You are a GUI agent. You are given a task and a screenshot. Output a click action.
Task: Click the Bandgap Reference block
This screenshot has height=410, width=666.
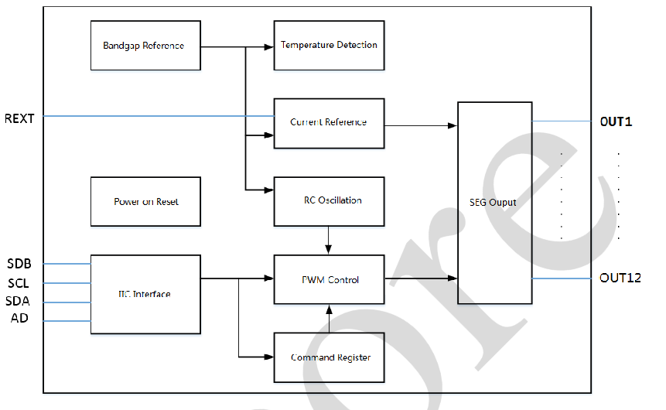tap(145, 46)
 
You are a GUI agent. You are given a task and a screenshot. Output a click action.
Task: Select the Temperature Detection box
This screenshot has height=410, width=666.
tap(330, 46)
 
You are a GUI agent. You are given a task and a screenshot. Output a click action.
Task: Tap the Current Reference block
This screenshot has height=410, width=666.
tap(330, 124)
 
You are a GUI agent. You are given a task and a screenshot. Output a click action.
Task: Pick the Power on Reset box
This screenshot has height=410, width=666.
tap(145, 201)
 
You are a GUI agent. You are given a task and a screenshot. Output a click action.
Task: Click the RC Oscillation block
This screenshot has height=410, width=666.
tap(330, 201)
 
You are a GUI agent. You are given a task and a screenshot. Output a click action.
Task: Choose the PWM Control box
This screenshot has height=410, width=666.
tap(330, 279)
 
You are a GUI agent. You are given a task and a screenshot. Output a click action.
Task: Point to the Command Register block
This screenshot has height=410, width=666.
tap(330, 357)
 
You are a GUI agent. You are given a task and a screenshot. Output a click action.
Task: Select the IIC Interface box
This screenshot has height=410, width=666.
tap(145, 295)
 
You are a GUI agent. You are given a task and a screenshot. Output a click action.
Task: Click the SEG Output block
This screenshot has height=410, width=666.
tap(495, 203)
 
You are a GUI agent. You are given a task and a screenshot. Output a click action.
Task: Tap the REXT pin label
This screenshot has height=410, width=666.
tap(19, 118)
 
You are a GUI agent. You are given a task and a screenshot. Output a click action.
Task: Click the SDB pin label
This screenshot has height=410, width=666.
tap(19, 264)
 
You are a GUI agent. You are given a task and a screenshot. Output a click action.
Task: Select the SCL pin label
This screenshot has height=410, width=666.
tap(19, 283)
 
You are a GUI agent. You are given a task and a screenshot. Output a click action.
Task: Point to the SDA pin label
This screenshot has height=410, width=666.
tap(18, 301)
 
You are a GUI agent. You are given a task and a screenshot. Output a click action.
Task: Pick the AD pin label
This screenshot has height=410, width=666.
tap(19, 318)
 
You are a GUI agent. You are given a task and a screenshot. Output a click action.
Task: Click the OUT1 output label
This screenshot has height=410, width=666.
tap(616, 122)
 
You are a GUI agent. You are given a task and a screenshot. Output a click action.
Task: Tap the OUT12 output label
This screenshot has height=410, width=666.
tap(620, 278)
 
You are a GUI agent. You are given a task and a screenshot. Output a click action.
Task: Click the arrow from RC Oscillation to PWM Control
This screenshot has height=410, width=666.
tap(328, 240)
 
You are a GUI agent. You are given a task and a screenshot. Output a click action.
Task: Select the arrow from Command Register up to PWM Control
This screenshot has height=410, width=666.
tap(330, 319)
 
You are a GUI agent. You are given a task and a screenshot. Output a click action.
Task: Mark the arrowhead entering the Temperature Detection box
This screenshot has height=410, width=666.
tap(269, 46)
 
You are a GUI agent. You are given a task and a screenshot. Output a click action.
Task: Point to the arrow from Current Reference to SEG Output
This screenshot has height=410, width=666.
tap(421, 126)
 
